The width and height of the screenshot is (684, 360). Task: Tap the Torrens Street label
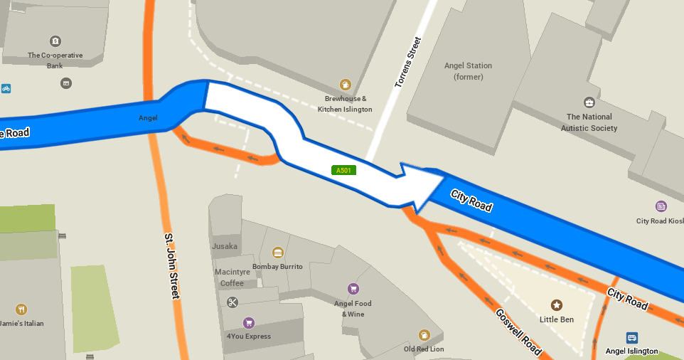(x=407, y=63)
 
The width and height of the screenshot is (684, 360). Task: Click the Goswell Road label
(x=518, y=332)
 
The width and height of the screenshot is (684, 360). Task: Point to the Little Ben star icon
(x=557, y=305)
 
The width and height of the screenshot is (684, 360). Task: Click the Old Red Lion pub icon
(x=424, y=334)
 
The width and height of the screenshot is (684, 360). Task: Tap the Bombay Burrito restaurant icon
(x=277, y=253)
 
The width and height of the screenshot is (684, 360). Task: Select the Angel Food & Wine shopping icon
(x=353, y=288)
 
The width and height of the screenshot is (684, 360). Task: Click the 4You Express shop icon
(x=248, y=322)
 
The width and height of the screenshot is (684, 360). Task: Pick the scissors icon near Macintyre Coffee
(x=233, y=302)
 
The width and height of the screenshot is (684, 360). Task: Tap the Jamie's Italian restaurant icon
(x=21, y=309)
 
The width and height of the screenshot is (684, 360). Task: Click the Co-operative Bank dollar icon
(x=55, y=41)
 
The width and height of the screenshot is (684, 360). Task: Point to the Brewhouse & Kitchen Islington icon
(x=345, y=85)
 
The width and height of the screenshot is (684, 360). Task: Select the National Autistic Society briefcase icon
(x=589, y=102)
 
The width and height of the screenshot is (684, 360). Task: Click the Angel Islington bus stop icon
(x=632, y=337)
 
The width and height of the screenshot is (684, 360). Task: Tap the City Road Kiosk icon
(x=661, y=206)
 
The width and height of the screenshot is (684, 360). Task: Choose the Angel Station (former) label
(x=468, y=71)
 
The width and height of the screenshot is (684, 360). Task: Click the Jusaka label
(x=225, y=246)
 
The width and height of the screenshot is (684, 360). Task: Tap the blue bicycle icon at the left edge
(x=6, y=88)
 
